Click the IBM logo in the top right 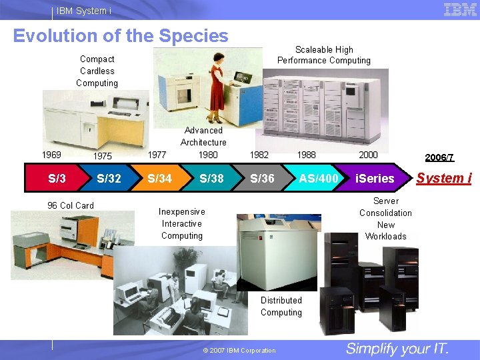click(459, 9)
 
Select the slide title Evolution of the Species click(121, 36)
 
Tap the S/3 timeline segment click(57, 178)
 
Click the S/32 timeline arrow click(109, 178)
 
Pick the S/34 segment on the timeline click(159, 178)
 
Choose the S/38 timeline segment click(211, 178)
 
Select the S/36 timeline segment click(262, 178)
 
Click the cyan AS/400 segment click(318, 178)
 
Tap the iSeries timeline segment click(374, 178)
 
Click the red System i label click(444, 178)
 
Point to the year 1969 click(51, 155)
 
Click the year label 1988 click(307, 155)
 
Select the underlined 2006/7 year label click(439, 157)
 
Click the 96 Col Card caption click(71, 205)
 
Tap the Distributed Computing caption click(281, 307)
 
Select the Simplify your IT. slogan click(397, 349)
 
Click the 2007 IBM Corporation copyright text click(239, 351)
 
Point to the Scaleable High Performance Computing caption click(324, 55)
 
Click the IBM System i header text click(84, 11)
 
